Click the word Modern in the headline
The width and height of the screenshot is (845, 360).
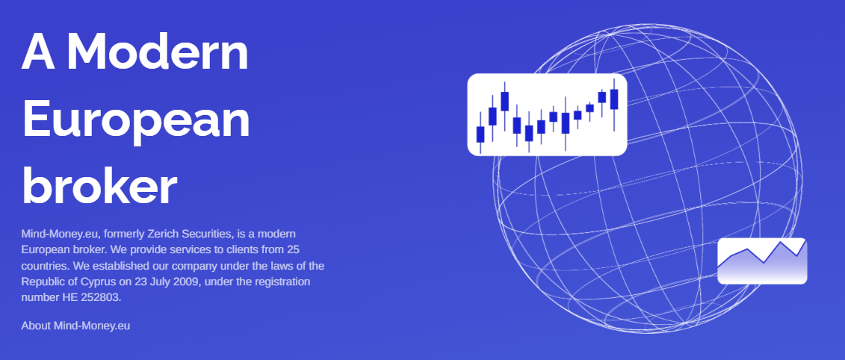tap(157, 52)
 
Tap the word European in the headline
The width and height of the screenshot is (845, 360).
tap(136, 118)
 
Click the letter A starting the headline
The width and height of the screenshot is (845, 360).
tap(38, 52)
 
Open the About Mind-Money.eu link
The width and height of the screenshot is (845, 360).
tap(75, 326)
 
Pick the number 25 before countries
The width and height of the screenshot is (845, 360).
tap(293, 250)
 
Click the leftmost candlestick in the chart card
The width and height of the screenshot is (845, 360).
tap(480, 133)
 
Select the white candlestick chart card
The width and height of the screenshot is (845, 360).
tap(547, 115)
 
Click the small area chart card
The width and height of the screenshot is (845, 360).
tap(762, 261)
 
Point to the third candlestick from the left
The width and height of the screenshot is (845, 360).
tap(504, 106)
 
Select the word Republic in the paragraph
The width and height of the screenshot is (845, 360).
tap(40, 282)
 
